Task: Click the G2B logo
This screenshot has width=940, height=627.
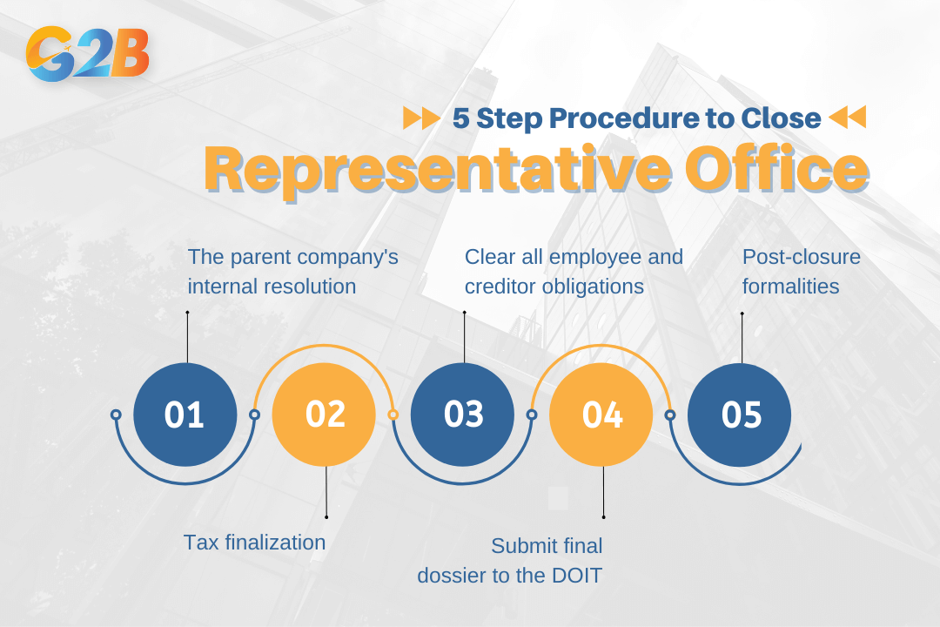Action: pyautogui.click(x=88, y=54)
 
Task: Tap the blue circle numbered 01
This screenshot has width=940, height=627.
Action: pyautogui.click(x=185, y=415)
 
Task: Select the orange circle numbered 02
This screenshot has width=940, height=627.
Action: pyautogui.click(x=324, y=415)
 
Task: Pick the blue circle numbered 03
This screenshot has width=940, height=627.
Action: pyautogui.click(x=462, y=415)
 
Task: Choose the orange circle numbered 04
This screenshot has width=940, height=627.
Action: pyautogui.click(x=601, y=415)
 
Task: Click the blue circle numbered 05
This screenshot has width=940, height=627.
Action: pyautogui.click(x=740, y=415)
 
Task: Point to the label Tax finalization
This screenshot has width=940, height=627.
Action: pyautogui.click(x=254, y=543)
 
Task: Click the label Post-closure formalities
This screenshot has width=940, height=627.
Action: pyautogui.click(x=801, y=271)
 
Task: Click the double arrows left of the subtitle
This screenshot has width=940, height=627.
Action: pyautogui.click(x=421, y=118)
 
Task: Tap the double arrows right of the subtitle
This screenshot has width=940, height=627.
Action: pyautogui.click(x=847, y=117)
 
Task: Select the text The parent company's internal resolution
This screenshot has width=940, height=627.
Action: pyautogui.click(x=292, y=271)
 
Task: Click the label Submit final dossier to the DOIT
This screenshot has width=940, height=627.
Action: pyautogui.click(x=510, y=561)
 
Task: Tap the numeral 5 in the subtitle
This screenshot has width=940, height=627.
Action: pyautogui.click(x=460, y=118)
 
